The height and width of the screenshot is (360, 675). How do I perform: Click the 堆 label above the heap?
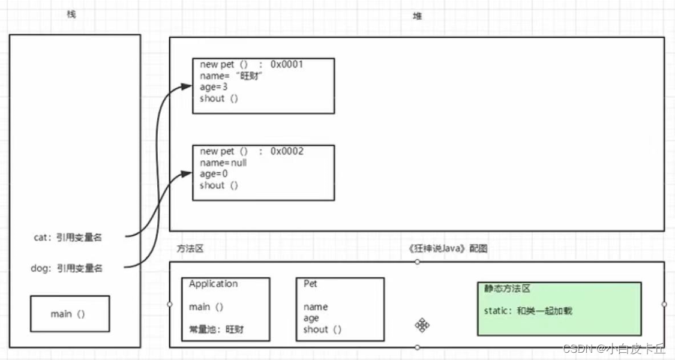tap(418, 16)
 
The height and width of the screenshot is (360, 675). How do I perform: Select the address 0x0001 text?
tap(287, 64)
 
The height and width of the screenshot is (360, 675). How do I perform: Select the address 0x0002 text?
tap(287, 151)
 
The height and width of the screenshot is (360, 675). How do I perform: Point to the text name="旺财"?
tap(232, 76)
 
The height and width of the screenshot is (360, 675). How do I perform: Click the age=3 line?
tap(214, 87)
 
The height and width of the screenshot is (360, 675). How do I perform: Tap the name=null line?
tap(223, 163)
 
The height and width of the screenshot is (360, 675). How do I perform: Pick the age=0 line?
tap(214, 174)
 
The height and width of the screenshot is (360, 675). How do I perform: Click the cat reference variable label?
tap(68, 238)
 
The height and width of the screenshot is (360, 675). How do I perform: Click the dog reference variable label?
tap(67, 268)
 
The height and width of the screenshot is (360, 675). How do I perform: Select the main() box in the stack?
tap(70, 314)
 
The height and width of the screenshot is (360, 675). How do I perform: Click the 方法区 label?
tap(190, 248)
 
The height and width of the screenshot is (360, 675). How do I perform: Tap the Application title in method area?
tap(213, 284)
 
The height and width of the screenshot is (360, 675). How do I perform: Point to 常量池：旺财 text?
tap(217, 329)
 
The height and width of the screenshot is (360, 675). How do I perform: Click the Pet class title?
tap(310, 284)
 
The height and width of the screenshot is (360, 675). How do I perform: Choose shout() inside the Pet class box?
tap(322, 329)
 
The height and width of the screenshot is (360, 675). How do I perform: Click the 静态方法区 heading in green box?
tap(508, 289)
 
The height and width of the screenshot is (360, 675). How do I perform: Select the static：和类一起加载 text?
tap(528, 311)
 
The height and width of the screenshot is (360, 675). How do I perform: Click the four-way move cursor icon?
tap(422, 325)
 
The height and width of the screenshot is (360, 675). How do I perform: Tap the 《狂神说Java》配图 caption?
tap(447, 248)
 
